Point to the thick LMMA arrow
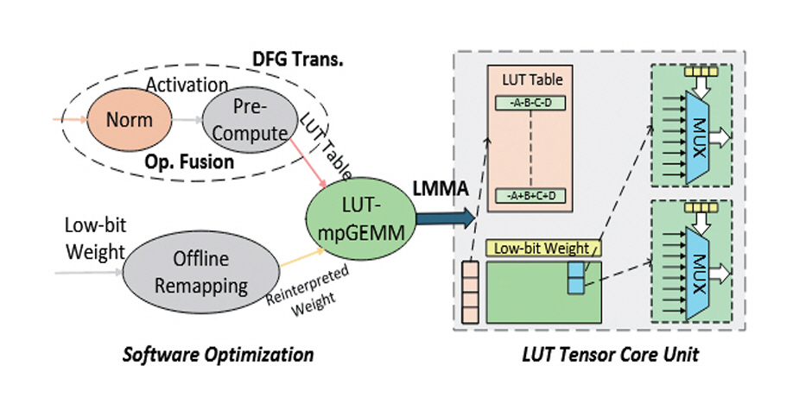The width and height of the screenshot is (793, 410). coord(446,218)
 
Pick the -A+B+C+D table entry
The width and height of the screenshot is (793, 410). coord(528,197)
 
